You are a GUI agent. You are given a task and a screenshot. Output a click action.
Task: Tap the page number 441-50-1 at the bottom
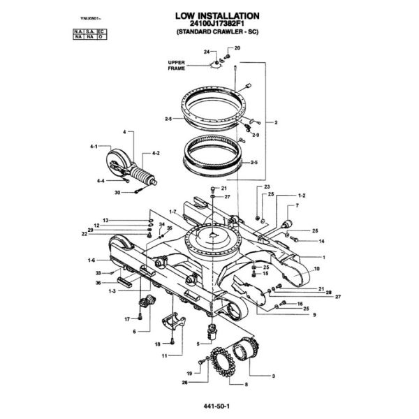pyautogui.click(x=209, y=405)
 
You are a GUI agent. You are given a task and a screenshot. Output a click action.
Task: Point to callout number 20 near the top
pyautogui.click(x=237, y=47)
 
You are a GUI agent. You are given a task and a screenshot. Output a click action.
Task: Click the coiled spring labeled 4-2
pyautogui.click(x=140, y=172)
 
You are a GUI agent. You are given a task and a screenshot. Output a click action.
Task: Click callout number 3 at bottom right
pyautogui.click(x=273, y=376)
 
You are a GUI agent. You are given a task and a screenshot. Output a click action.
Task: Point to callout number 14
pyautogui.click(x=322, y=241)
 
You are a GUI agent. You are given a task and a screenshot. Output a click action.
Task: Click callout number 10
pyautogui.click(x=316, y=269)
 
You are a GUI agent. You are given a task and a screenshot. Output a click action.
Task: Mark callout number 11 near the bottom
pyautogui.click(x=164, y=355)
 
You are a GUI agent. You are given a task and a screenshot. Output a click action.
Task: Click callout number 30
pyautogui.click(x=117, y=192)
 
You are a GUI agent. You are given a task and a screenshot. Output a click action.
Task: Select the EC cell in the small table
pyautogui.click(x=101, y=32)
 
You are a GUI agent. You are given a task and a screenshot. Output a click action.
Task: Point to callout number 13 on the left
pyautogui.click(x=105, y=220)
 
